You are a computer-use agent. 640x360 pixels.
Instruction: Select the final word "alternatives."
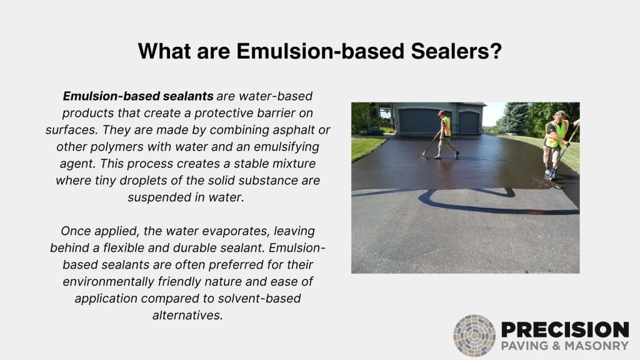click(187, 314)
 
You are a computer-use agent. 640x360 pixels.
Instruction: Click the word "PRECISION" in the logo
click(564, 330)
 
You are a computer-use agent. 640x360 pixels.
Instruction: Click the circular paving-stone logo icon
click(474, 336)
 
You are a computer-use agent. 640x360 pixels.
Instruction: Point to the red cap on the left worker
click(441, 113)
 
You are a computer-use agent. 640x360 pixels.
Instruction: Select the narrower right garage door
click(469, 122)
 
